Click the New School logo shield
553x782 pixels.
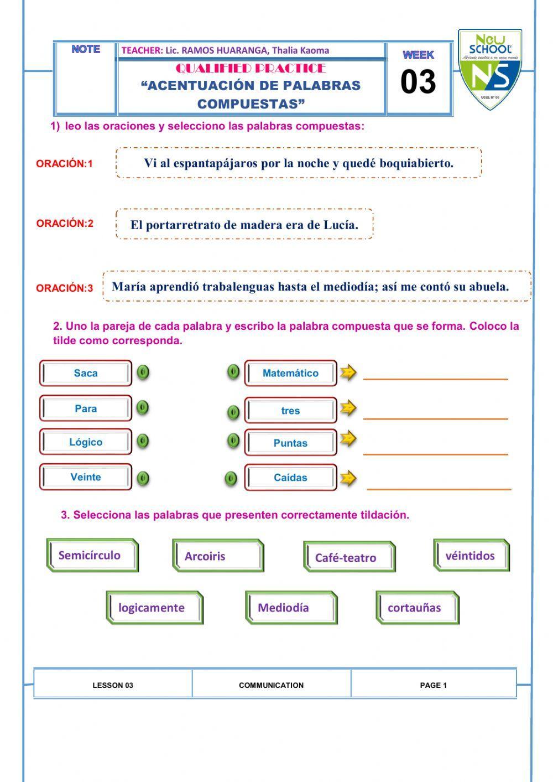[x=489, y=69]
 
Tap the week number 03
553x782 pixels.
[x=418, y=82]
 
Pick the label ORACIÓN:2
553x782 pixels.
[x=65, y=224]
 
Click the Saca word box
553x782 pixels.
[x=86, y=373]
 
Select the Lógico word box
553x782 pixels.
[x=86, y=442]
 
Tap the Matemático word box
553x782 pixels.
[x=290, y=373]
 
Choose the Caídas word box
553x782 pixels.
[x=290, y=478]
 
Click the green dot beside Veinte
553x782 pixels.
[x=143, y=478]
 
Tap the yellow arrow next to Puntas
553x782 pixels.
[x=348, y=439]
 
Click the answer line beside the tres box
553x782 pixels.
[x=435, y=418]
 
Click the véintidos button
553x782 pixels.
[x=470, y=556]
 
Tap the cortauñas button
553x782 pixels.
[x=415, y=608]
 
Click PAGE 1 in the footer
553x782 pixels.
[x=434, y=685]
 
